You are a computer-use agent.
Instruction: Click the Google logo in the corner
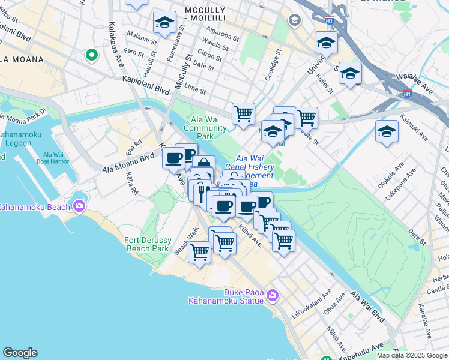tap(20, 353)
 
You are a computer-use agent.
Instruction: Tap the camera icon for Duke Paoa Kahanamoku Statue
tap(273, 295)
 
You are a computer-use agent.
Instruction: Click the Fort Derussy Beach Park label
tap(147, 244)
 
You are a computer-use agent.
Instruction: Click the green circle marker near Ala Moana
tap(92, 55)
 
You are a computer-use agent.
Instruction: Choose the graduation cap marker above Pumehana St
tap(164, 22)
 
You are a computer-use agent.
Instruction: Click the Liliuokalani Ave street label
tap(319, 302)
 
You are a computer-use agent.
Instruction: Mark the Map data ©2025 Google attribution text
tap(411, 355)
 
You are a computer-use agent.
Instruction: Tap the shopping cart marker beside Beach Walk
tap(199, 251)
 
